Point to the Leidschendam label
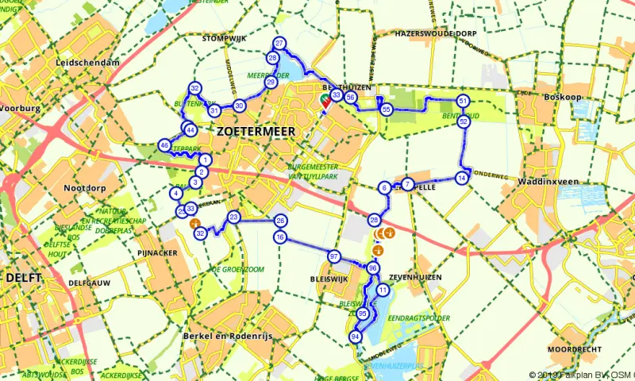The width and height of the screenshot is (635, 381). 88,63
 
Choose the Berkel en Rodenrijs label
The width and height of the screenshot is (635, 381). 227,337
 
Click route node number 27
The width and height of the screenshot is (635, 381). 279,44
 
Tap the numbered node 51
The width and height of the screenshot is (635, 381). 463,101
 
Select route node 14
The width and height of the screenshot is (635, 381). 462,178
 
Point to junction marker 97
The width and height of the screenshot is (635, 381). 333,256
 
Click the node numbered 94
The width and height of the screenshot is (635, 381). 355,337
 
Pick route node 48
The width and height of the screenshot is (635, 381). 164,145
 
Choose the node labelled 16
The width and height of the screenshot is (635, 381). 279,237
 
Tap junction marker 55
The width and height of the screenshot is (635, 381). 386,109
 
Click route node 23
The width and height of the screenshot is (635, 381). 233,217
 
